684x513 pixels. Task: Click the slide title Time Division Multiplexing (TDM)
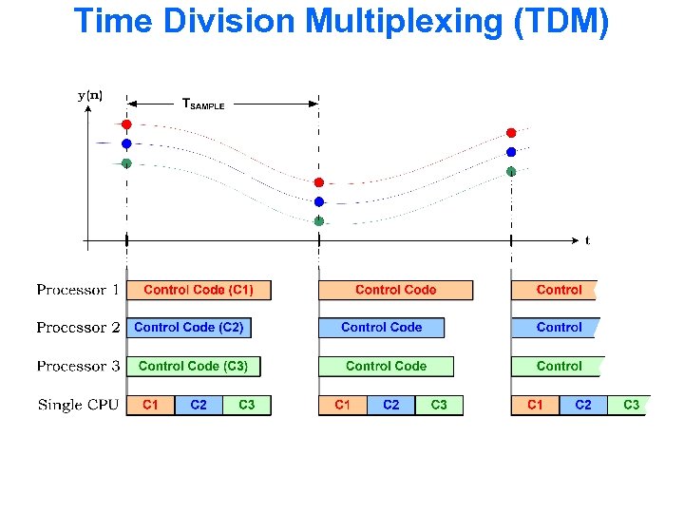coord(341,21)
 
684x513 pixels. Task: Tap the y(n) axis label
coord(90,95)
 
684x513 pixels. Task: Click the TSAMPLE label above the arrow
coord(203,104)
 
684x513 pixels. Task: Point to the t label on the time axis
coord(587,241)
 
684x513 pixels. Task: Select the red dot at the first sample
coord(126,124)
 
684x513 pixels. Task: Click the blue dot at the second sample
coord(319,201)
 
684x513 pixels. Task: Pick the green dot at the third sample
coord(511,171)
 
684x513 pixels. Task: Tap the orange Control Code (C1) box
coord(199,290)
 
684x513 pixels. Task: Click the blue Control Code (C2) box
coord(189,328)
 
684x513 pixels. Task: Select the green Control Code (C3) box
coord(193,366)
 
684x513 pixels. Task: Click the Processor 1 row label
coord(78,290)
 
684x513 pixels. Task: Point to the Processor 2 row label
coord(78,328)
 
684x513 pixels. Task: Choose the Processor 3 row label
coord(78,366)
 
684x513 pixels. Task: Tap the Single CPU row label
coord(78,406)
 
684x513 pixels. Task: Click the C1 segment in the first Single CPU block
coord(150,406)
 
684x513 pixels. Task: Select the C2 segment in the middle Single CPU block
coord(390,406)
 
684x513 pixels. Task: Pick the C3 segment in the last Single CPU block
coord(631,406)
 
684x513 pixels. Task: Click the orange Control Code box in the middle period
coord(395,290)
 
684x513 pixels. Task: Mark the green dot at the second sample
coord(319,220)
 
